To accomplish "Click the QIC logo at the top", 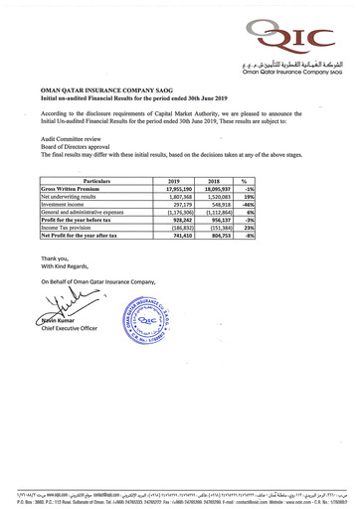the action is click(295, 38).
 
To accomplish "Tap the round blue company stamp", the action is click(145, 322).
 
